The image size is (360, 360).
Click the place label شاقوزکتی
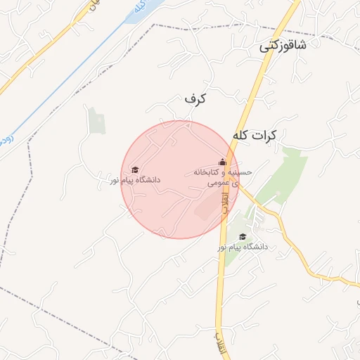coord(283,47)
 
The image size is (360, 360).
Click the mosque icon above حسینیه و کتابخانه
coord(223,162)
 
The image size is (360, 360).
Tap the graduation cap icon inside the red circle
coord(135,169)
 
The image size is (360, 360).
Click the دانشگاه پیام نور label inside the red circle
coord(134,181)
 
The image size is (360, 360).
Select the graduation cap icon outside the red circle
coord(243,237)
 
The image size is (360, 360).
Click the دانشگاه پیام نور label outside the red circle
coord(242,247)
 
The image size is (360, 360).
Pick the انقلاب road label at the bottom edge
coord(220,341)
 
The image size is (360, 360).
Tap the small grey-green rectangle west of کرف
coord(96,121)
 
